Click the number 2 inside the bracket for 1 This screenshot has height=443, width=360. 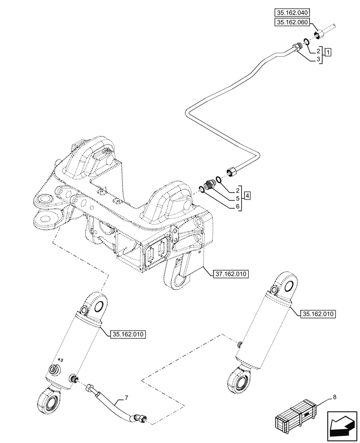point(318,51)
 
